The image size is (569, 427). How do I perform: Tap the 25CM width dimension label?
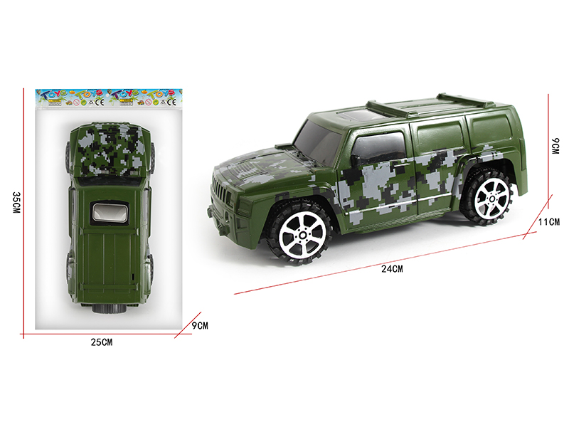click(x=102, y=342)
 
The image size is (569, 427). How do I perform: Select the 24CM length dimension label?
click(x=392, y=269)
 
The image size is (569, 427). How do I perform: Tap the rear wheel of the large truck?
click(x=489, y=196)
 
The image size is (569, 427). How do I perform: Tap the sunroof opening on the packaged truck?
click(x=110, y=213)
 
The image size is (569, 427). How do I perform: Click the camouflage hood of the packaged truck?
click(x=110, y=149)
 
